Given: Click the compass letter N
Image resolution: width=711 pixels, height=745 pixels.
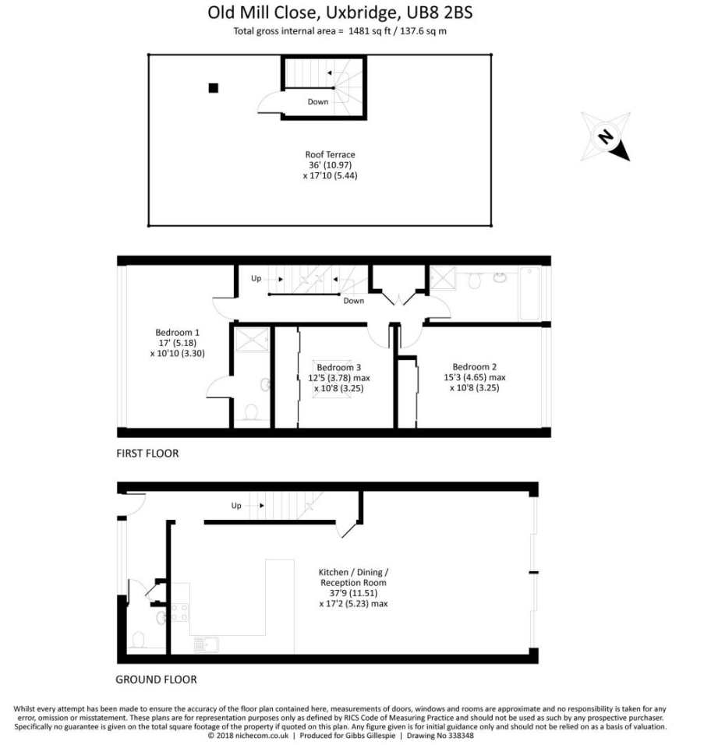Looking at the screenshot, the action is pyautogui.click(x=605, y=137).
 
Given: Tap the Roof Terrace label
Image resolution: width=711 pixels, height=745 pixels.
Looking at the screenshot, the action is pyautogui.click(x=331, y=165).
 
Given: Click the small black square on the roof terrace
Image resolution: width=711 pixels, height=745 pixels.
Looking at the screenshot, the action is pyautogui.click(x=214, y=88).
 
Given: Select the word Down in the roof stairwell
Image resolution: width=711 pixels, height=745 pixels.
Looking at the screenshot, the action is pyautogui.click(x=318, y=101).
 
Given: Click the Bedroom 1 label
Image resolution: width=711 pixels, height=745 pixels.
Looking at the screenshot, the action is pyautogui.click(x=177, y=343).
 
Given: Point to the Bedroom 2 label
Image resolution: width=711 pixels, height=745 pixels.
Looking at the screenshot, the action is pyautogui.click(x=474, y=377).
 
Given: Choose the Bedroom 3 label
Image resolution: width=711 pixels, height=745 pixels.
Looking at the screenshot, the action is pyautogui.click(x=339, y=378).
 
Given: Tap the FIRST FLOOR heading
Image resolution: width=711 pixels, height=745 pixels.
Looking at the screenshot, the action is pyautogui.click(x=147, y=454).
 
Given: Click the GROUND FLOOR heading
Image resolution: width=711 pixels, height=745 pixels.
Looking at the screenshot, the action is pyautogui.click(x=156, y=680).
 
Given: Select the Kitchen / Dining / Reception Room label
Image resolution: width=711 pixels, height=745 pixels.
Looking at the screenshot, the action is pyautogui.click(x=354, y=588).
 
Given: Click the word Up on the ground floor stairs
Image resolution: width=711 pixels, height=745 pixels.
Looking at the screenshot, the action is pyautogui.click(x=236, y=506).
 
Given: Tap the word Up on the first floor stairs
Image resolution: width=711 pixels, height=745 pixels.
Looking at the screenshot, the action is pyautogui.click(x=256, y=278).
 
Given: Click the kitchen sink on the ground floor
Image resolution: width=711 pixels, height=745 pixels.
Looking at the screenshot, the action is pyautogui.click(x=207, y=644).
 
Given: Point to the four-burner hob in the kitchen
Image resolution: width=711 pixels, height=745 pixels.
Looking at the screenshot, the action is pyautogui.click(x=179, y=613).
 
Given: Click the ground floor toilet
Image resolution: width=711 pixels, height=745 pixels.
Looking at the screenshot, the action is pyautogui.click(x=138, y=640).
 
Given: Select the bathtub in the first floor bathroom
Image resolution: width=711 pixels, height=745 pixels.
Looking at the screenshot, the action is pyautogui.click(x=529, y=294).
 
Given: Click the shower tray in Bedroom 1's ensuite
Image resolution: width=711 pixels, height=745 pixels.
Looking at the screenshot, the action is pyautogui.click(x=252, y=340).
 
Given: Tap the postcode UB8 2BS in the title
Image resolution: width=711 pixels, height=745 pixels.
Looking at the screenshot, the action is pyautogui.click(x=440, y=12).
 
